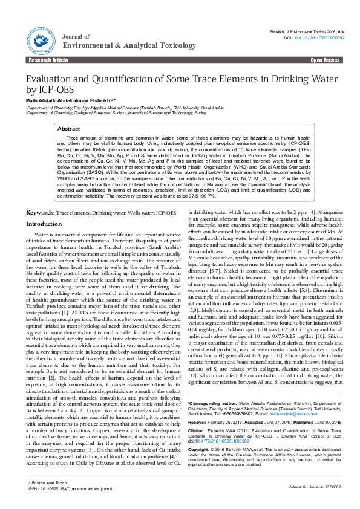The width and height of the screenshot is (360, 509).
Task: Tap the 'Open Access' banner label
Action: (x=325, y=61)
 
